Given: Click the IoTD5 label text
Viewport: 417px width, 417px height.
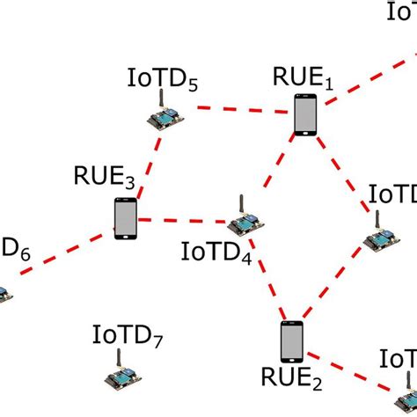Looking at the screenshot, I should (x=163, y=82).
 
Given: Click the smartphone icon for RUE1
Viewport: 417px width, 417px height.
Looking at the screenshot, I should (x=304, y=115).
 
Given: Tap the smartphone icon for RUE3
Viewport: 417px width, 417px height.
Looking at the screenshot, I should (x=126, y=218).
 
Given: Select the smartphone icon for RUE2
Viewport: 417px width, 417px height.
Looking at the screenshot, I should (x=291, y=342).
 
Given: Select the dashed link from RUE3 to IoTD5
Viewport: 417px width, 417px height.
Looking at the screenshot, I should (x=147, y=167).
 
